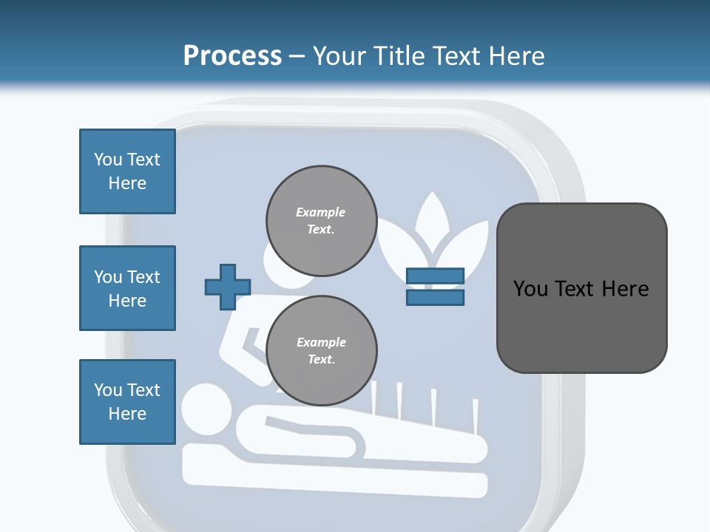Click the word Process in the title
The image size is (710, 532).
pos(232,56)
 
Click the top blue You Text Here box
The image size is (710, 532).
pos(127,171)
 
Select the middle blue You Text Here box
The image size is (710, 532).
pos(127,288)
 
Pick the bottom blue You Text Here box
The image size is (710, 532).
pos(127,402)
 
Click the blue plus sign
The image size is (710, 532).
pos(228,287)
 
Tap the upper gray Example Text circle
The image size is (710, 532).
pos(321,221)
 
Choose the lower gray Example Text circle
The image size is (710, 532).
pos(321,351)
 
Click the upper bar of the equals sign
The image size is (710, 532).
pos(435,276)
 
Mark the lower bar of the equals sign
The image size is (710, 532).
pos(435,297)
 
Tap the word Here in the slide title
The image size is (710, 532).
pos(515,56)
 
